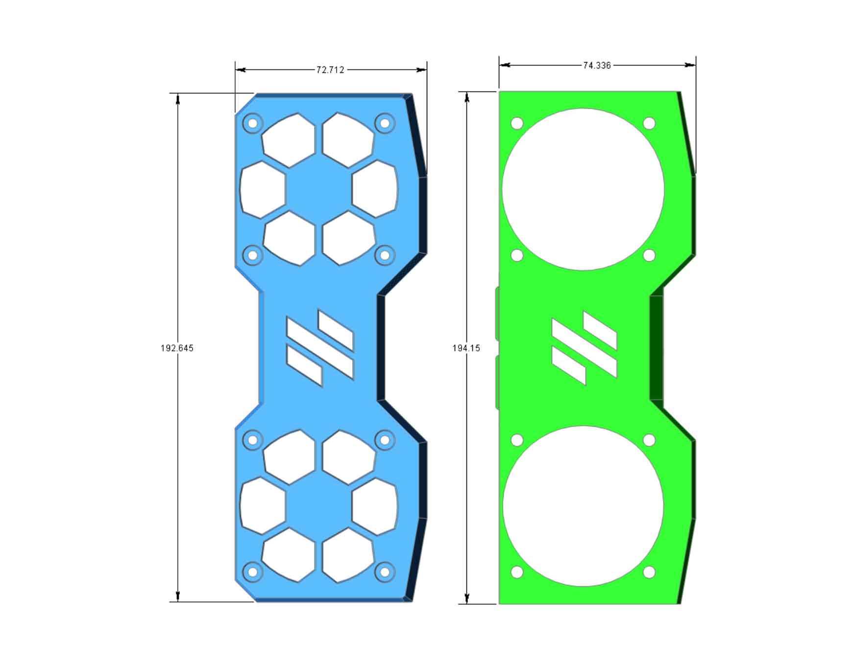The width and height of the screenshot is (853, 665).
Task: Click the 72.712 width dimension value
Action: click(330, 70)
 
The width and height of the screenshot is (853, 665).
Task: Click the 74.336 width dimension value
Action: click(596, 65)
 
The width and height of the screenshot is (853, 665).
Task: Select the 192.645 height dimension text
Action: click(177, 348)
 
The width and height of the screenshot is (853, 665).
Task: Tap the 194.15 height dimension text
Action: click(466, 348)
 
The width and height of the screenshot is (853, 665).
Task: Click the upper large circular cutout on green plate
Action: click(583, 189)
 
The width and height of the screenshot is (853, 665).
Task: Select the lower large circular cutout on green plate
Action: click(583, 506)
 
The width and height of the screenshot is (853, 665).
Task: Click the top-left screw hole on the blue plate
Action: click(253, 123)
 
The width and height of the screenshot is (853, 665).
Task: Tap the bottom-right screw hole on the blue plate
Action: click(385, 572)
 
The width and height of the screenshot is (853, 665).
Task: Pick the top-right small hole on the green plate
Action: click(649, 123)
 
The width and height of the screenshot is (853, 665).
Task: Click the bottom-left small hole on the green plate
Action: click(517, 572)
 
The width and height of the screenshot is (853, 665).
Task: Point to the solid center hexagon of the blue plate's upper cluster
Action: click(318, 189)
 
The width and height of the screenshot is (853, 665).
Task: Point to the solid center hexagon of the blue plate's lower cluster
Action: click(318, 506)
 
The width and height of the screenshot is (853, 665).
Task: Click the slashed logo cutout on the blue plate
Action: click(319, 348)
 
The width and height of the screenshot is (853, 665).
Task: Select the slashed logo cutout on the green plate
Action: click(584, 348)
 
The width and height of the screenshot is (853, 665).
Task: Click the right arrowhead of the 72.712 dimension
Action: click(422, 70)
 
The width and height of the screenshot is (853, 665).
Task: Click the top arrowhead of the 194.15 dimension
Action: click(467, 97)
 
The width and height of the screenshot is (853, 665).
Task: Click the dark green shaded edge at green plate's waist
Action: click(656, 348)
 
